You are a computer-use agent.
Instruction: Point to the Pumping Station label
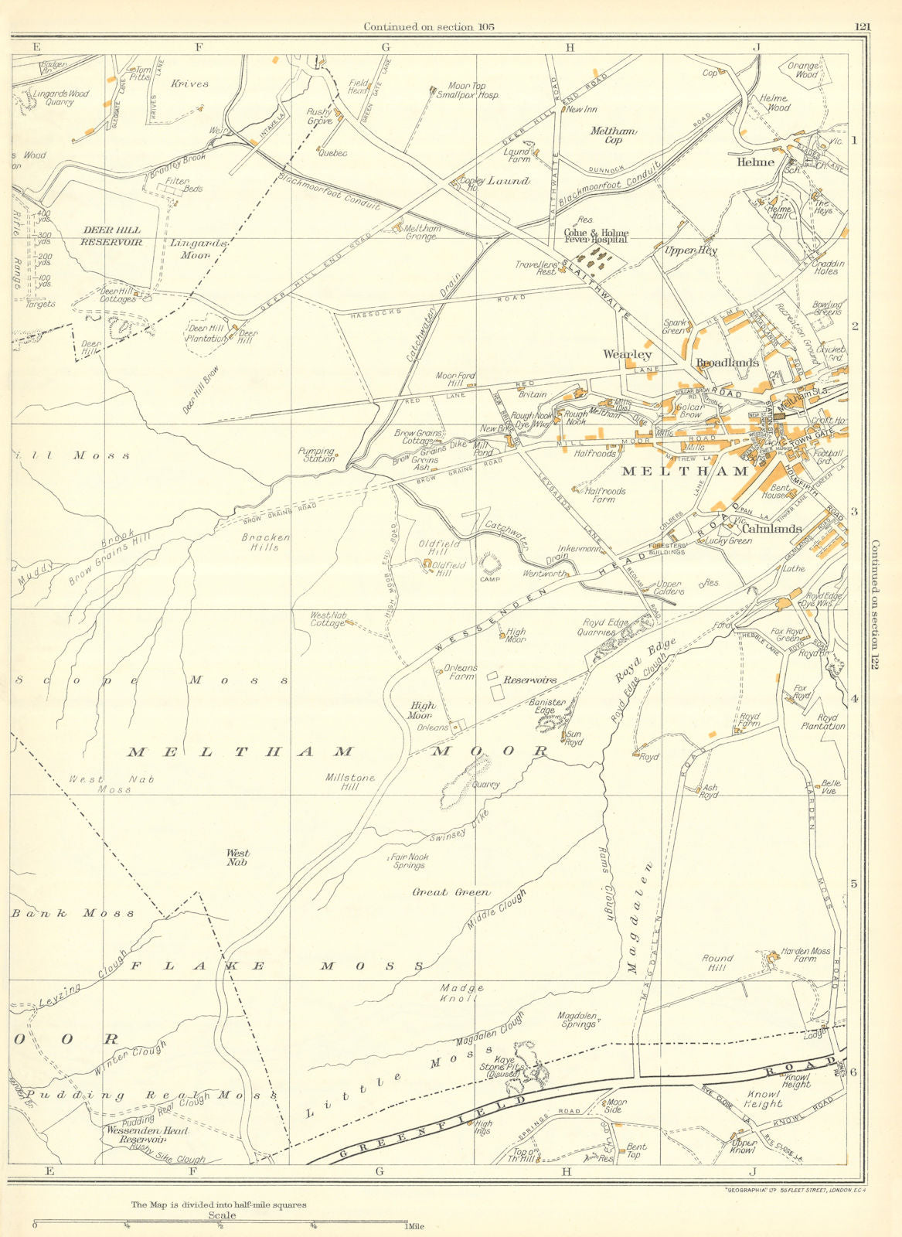(x=317, y=455)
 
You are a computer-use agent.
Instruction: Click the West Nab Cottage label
(x=328, y=619)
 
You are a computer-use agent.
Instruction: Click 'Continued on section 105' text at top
(x=429, y=27)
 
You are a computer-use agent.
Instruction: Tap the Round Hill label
(x=717, y=963)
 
